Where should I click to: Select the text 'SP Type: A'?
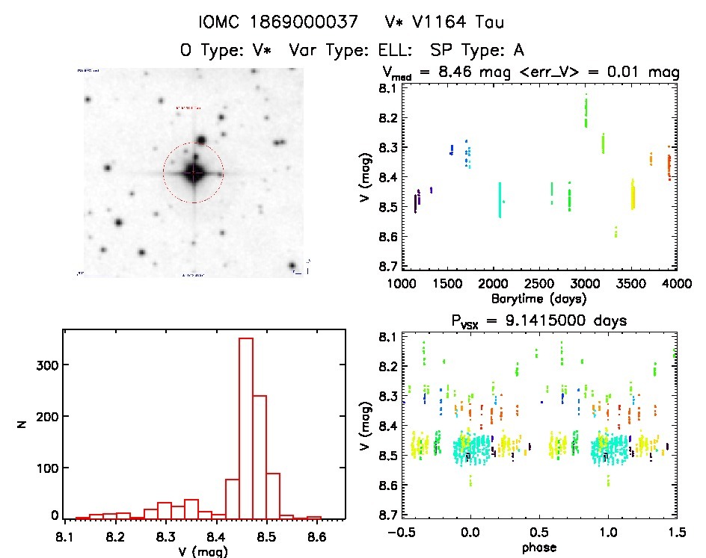coord(477,50)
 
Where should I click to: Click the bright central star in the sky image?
coord(194,173)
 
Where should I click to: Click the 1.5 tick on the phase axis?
coord(676,533)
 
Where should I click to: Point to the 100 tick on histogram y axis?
coord(47,468)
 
